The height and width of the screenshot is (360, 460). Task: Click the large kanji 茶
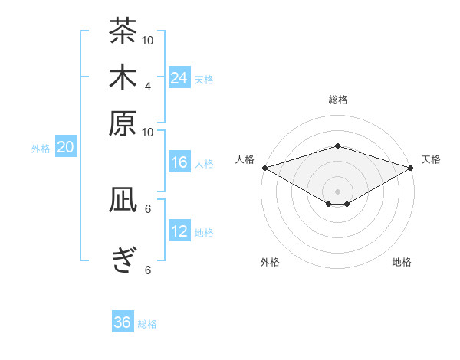point(123,31)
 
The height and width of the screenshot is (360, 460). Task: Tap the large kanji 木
point(123,77)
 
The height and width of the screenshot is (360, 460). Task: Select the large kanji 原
point(123,123)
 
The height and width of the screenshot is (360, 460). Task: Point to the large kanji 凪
point(123,199)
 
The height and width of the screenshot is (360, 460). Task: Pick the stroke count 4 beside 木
point(147,87)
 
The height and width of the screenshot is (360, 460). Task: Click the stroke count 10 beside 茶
point(147,41)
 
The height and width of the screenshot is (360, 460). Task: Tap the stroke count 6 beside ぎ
point(148,270)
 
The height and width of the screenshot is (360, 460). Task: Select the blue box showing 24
point(179,77)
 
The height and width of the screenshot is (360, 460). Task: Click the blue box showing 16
point(179,162)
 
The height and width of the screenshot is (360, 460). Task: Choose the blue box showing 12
point(179,230)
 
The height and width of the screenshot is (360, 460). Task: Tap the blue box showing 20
point(66,146)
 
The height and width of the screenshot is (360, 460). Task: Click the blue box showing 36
point(123,321)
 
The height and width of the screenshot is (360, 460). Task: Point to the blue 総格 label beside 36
point(147,324)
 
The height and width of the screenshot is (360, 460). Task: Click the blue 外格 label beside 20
point(41,149)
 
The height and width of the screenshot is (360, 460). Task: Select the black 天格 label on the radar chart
point(431,159)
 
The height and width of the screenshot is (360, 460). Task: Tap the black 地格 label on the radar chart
point(402,262)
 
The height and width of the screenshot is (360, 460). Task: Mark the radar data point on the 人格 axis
point(265,168)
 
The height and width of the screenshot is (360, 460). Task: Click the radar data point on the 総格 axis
point(337,146)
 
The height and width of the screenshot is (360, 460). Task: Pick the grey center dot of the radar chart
point(337,191)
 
